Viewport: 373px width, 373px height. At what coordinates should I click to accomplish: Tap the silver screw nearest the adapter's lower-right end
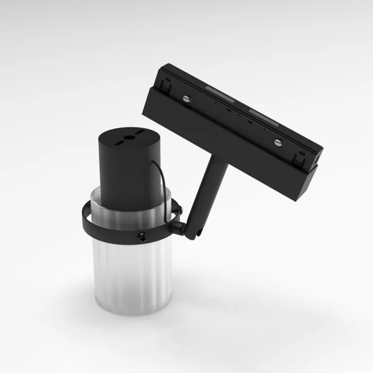coord(277,142)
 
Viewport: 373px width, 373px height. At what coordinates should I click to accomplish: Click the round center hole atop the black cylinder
coord(129,138)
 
